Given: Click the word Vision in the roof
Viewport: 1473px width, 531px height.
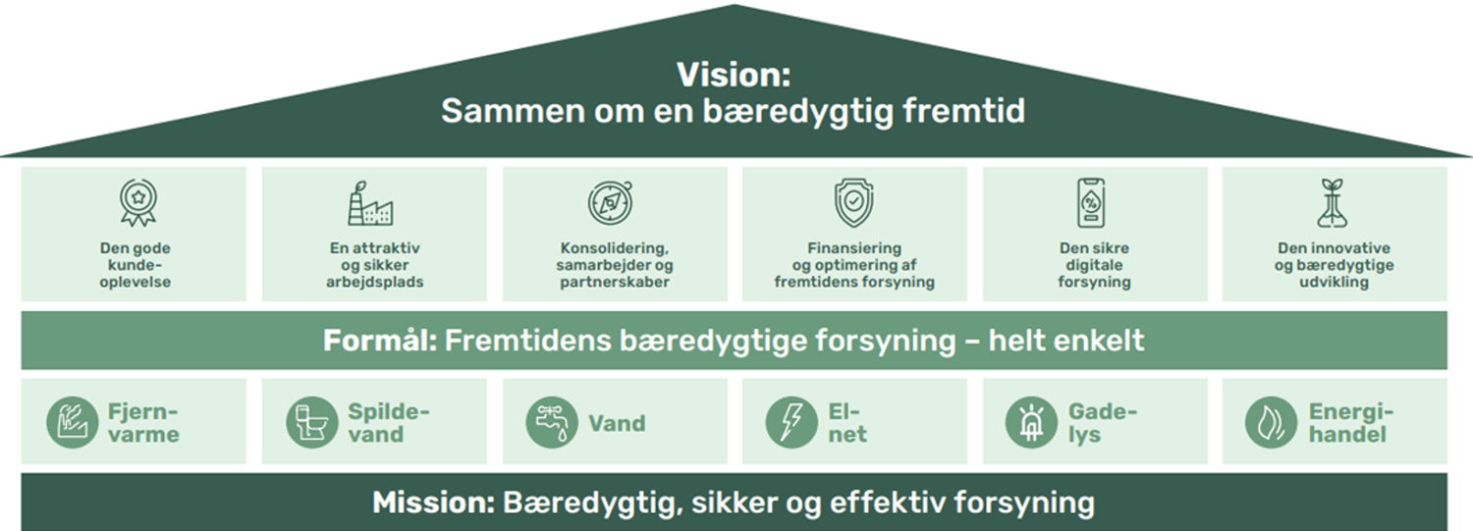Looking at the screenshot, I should click(733, 75).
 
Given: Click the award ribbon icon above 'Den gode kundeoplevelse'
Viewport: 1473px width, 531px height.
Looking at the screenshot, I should click(135, 203).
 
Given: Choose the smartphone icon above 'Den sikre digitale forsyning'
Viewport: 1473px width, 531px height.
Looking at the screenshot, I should click(1093, 203).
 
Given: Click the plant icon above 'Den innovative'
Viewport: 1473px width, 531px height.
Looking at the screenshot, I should click(1333, 203).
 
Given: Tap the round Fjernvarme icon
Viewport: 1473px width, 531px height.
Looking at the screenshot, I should click(73, 423).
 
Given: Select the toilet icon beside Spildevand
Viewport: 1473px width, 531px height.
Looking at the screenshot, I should click(312, 423).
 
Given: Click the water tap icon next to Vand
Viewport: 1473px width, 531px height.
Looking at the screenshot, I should click(552, 423).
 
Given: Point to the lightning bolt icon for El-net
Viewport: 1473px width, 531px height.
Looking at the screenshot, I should click(791, 423).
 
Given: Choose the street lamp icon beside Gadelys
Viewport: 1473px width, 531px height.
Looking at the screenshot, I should click(1032, 423).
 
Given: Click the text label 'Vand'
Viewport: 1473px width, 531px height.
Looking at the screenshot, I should click(617, 424).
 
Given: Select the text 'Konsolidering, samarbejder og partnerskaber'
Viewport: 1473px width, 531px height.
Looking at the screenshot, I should click(615, 265).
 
